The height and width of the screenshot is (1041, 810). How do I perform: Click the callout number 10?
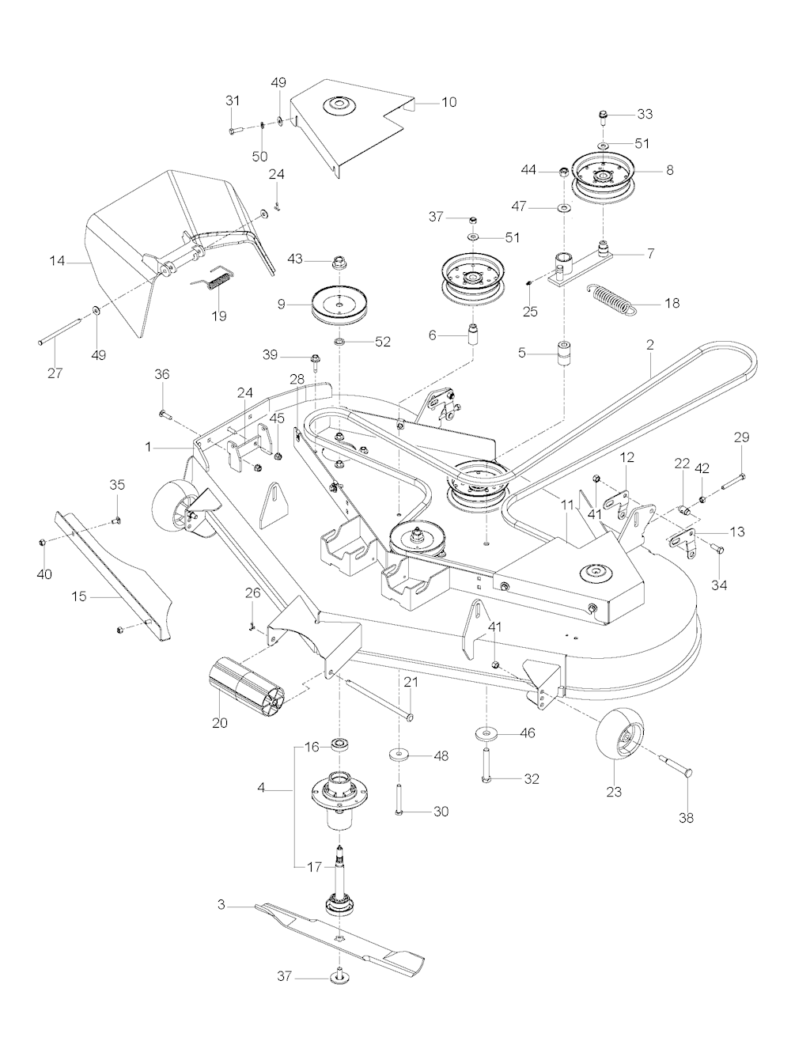(449, 102)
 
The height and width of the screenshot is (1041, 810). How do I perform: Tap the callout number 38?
(687, 819)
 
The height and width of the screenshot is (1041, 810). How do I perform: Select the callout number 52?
(383, 342)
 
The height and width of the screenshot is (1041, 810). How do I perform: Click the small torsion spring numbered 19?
(216, 278)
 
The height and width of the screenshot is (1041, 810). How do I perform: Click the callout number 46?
(527, 733)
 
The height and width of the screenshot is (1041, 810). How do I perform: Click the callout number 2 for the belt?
(650, 346)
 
